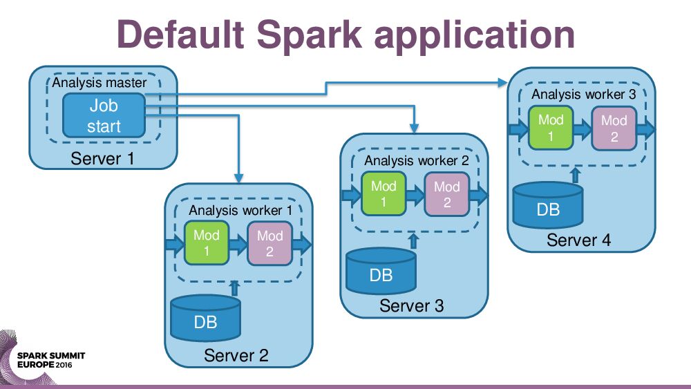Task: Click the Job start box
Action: [104, 115]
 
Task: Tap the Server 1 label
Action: [103, 159]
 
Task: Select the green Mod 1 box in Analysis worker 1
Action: [206, 243]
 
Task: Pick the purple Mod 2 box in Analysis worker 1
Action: [269, 244]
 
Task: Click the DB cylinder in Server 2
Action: [205, 319]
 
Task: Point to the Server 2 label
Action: [236, 356]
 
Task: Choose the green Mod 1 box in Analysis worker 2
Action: [384, 194]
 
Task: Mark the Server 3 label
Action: [412, 305]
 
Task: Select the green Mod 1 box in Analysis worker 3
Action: [551, 129]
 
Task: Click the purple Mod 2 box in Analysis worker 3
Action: [614, 129]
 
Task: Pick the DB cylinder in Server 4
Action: [548, 205]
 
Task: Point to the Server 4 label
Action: [578, 240]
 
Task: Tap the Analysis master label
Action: [100, 83]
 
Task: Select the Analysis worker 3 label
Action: [583, 94]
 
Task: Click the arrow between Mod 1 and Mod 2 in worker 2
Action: [415, 196]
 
